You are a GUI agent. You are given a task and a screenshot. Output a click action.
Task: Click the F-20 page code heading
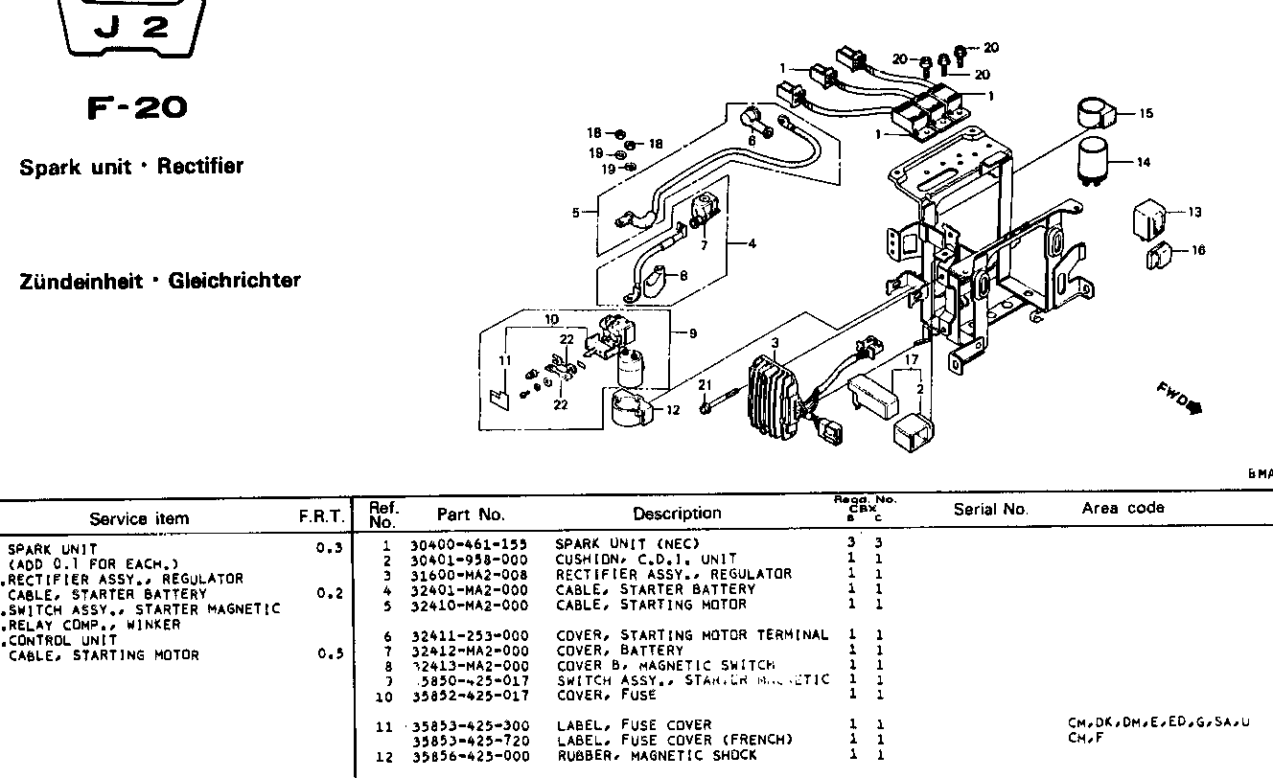136,107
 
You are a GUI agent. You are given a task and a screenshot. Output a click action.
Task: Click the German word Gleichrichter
234,281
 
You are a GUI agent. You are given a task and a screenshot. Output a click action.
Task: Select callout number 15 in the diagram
1146,113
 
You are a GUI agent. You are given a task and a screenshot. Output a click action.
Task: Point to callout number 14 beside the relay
1143,163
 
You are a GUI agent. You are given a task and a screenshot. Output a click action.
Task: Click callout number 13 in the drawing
1193,213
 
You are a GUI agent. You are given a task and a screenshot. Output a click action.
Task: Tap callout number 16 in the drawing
1198,250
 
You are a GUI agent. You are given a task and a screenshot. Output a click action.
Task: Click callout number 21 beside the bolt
705,385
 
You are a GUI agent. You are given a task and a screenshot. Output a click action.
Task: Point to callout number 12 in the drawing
672,410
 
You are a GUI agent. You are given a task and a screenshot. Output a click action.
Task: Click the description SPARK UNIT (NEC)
627,544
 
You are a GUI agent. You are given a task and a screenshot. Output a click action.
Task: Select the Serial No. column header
990,510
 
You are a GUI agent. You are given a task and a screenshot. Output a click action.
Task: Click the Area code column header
1123,508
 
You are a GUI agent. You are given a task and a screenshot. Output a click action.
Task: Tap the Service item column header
139,518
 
